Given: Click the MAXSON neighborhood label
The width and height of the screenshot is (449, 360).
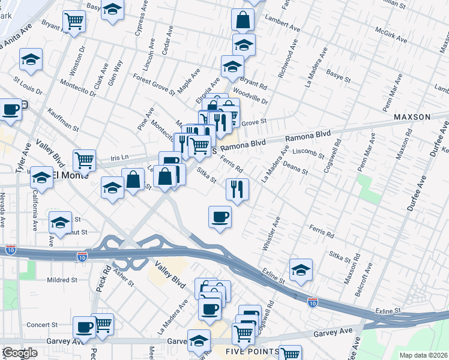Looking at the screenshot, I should click(412, 116).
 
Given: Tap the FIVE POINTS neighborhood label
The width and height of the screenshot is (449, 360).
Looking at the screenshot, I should click(252, 351).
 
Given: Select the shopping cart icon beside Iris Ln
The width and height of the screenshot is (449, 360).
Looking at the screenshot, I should click(85, 160).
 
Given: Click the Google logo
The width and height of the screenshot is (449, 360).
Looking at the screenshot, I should click(20, 353).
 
